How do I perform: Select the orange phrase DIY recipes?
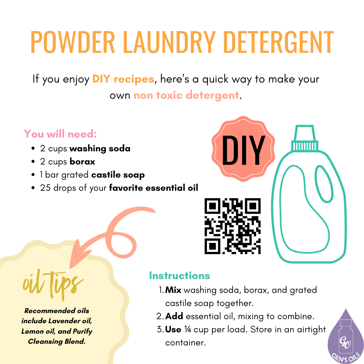(x=123, y=80)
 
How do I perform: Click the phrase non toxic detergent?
(x=186, y=95)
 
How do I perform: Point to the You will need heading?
(x=60, y=134)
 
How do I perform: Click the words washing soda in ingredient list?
(x=100, y=148)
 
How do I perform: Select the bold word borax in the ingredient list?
(x=82, y=162)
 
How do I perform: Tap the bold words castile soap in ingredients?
(x=118, y=175)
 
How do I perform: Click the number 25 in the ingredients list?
(x=45, y=188)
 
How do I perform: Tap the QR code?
(x=233, y=226)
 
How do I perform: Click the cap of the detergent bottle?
(x=305, y=138)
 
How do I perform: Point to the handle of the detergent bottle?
(x=323, y=182)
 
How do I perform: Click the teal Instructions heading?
(x=179, y=276)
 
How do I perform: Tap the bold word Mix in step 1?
(x=173, y=290)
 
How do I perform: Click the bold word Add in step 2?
(x=174, y=316)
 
